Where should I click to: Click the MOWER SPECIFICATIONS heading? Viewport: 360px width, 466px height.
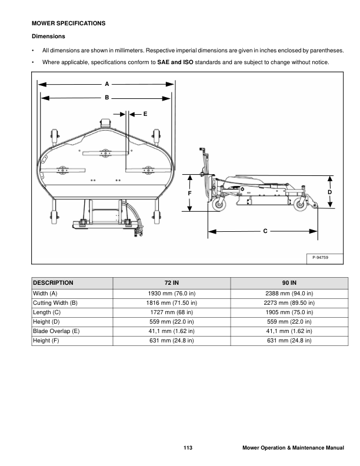(x=68, y=24)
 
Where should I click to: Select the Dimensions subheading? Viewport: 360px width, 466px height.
(x=48, y=37)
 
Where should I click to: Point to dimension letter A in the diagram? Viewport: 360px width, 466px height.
(x=106, y=84)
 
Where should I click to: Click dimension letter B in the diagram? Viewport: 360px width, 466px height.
(x=106, y=97)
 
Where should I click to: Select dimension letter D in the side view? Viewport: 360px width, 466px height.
(x=330, y=192)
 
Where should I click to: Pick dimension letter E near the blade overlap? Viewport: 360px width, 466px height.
(x=144, y=112)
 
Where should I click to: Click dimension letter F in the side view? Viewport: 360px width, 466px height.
(x=190, y=193)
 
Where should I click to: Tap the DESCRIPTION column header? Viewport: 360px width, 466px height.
(x=54, y=282)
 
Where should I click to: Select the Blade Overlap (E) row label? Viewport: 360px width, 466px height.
(x=56, y=331)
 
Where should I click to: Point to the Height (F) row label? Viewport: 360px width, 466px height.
(x=46, y=341)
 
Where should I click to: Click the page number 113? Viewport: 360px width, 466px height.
(x=188, y=448)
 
